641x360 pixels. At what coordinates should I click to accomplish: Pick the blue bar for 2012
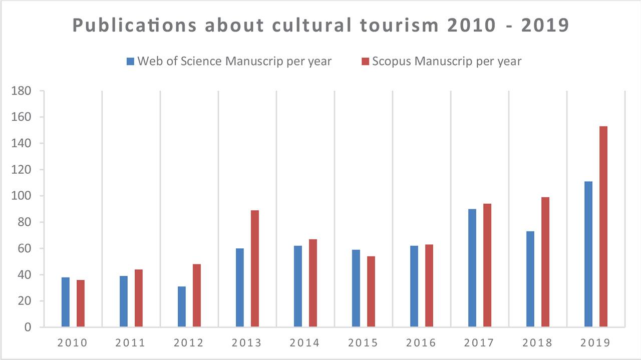(x=182, y=306)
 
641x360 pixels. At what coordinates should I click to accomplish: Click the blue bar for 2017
(x=472, y=268)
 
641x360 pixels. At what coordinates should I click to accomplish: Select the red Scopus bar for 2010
(x=81, y=303)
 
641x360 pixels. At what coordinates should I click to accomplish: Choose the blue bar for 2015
(x=356, y=288)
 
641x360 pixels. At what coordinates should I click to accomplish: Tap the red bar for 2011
(x=139, y=298)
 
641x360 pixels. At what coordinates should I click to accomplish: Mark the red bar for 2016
(x=429, y=286)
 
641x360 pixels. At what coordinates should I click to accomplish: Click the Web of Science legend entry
(x=229, y=62)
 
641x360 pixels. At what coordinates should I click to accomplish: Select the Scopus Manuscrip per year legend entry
(x=441, y=62)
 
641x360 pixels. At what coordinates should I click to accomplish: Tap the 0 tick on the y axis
(x=28, y=327)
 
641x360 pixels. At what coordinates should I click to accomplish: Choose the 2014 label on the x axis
(x=305, y=343)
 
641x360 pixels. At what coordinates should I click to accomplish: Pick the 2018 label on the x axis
(x=537, y=343)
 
